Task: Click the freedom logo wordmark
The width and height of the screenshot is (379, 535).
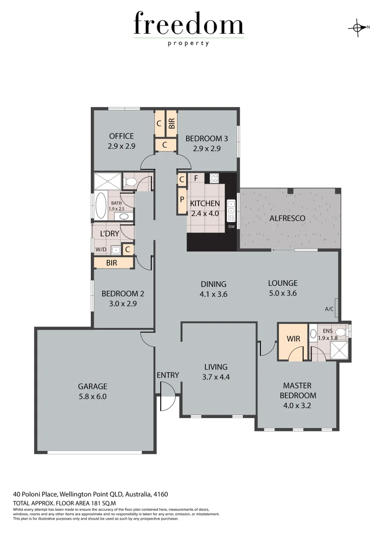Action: point(189,25)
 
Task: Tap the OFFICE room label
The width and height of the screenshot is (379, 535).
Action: point(122,136)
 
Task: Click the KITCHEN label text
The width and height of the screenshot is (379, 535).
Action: point(205,203)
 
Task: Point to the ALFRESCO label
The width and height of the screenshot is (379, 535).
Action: point(287,218)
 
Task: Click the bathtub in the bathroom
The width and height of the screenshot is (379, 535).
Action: point(100,205)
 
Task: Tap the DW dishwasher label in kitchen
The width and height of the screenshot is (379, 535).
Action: point(231,227)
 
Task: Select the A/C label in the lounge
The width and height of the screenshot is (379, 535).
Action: point(329,309)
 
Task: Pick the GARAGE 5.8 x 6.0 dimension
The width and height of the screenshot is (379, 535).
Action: point(92,396)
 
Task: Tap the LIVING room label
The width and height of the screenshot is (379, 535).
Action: point(216,367)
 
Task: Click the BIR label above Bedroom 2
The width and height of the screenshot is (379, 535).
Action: point(112,263)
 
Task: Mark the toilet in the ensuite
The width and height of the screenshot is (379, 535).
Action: point(340,332)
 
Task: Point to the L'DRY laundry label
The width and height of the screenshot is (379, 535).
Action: point(109,233)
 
